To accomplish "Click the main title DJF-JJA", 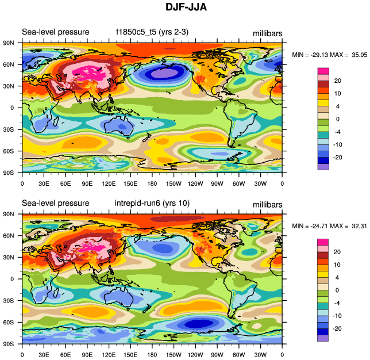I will (x=185, y=7).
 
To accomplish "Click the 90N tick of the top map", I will (x=10, y=43).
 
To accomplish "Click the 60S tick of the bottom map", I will (x=10, y=322).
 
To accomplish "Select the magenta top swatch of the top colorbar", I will (x=323, y=70).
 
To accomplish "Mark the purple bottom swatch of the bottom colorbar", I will (x=323, y=338).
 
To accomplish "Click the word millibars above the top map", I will (x=268, y=33).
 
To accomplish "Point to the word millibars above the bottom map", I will (x=268, y=204).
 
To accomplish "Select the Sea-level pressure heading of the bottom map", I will (x=55, y=203).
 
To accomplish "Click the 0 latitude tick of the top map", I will (x=11, y=108).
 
